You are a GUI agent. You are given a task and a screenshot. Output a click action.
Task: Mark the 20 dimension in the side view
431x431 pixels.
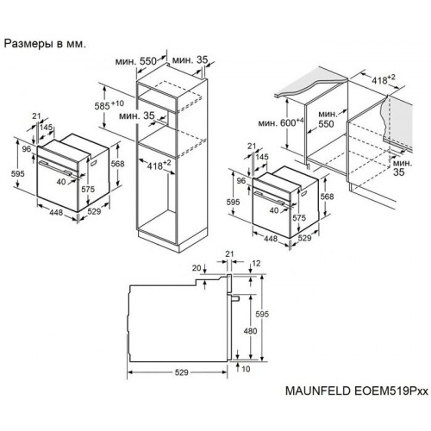pos(197,269)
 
